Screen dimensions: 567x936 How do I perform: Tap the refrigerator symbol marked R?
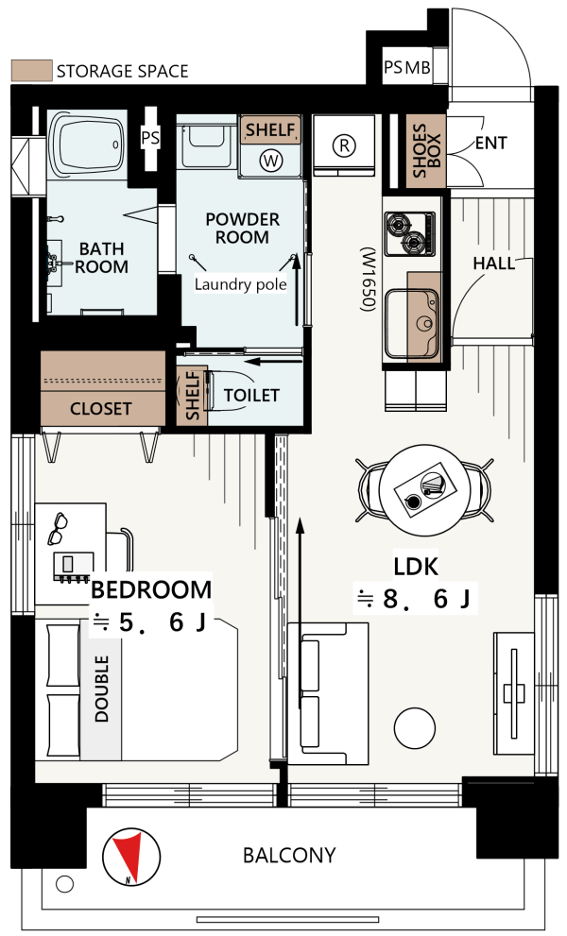[344, 145]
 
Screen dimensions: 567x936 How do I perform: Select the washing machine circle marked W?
[271, 160]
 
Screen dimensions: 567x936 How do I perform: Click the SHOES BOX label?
[426, 150]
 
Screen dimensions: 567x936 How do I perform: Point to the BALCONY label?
[289, 856]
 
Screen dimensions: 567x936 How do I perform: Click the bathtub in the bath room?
[87, 144]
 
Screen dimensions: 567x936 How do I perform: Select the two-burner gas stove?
[410, 234]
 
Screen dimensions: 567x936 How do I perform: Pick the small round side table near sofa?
[415, 728]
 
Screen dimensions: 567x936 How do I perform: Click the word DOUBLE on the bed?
[101, 689]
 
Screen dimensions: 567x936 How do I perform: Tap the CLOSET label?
[100, 409]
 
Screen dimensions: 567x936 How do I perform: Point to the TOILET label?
[251, 395]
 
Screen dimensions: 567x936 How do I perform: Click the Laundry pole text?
[240, 284]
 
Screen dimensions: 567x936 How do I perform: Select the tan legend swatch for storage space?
[32, 71]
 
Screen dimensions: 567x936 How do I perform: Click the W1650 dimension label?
[368, 280]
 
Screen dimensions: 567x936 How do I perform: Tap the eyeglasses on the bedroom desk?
[58, 528]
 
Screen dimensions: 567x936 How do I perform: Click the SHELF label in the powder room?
[270, 129]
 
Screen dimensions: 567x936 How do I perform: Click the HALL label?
[493, 264]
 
